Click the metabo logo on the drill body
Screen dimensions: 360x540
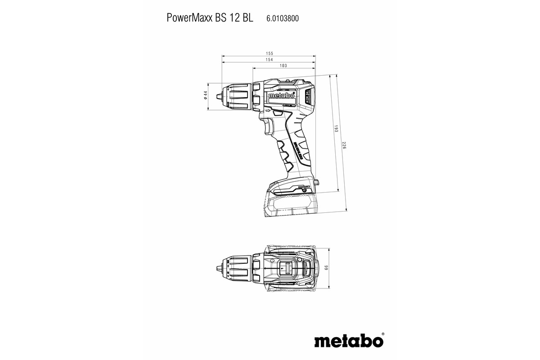click(282, 96)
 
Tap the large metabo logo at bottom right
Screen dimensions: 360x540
click(351, 340)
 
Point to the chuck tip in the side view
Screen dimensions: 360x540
click(219, 95)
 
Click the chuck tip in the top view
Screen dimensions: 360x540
click(219, 268)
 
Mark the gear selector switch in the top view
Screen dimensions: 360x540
click(284, 268)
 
